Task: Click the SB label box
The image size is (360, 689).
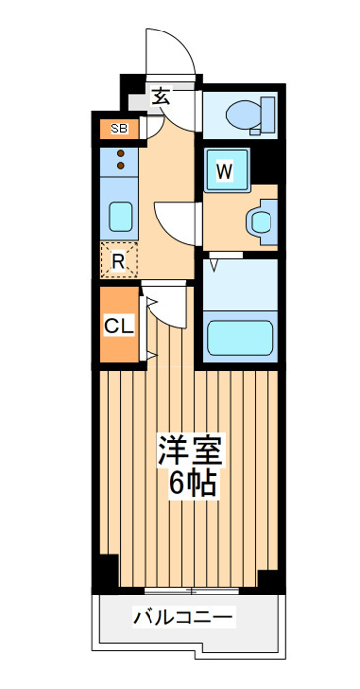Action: [x=119, y=129]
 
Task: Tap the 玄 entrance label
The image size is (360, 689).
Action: [x=161, y=97]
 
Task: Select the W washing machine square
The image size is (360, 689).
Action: [x=225, y=170]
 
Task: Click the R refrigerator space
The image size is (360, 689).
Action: [x=119, y=260]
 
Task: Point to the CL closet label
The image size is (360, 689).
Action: [x=119, y=326]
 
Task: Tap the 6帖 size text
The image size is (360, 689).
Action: [x=193, y=484]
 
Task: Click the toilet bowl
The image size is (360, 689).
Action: [x=244, y=115]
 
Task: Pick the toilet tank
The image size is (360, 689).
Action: [x=268, y=115]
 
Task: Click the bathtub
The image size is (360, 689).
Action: [x=240, y=338]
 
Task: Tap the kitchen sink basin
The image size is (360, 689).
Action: [x=120, y=217]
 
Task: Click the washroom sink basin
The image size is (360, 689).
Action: [x=261, y=221]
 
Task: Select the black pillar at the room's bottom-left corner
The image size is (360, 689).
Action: [x=106, y=574]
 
